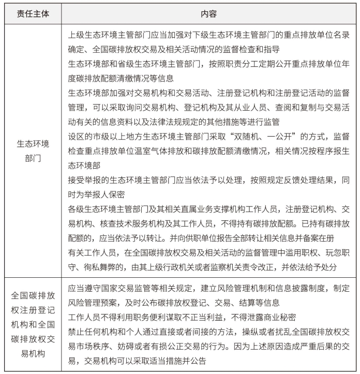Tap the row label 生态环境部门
33,151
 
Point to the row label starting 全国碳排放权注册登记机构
33,324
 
